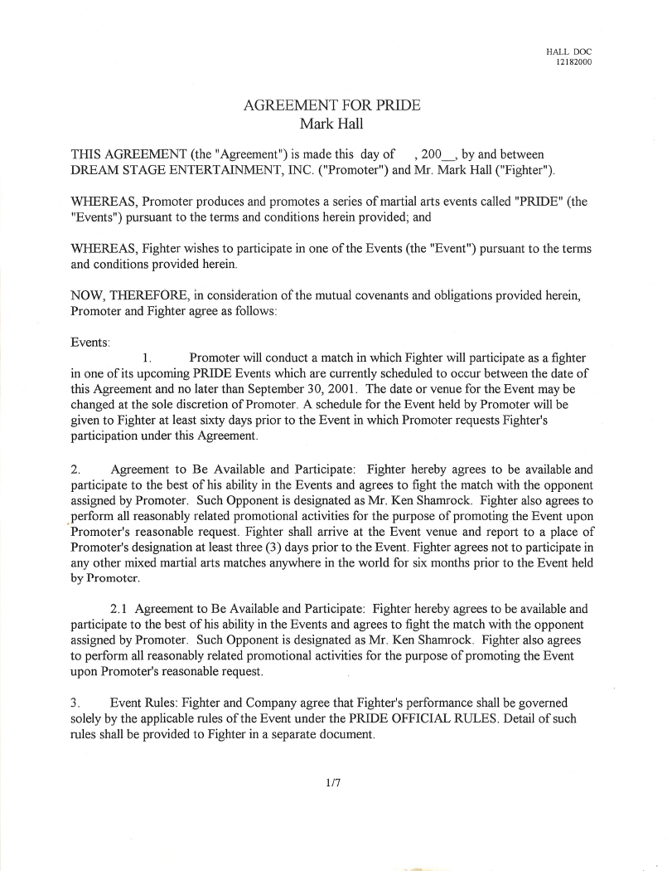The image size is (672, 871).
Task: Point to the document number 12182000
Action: click(x=573, y=62)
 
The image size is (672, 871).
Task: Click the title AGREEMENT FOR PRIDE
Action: click(x=331, y=106)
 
